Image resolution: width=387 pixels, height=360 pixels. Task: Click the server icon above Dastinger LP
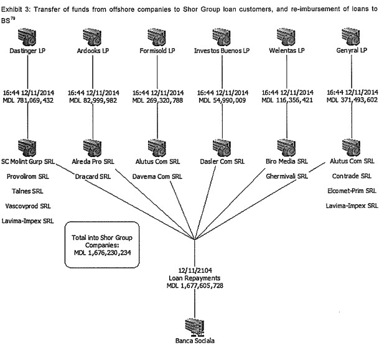(x=27, y=37)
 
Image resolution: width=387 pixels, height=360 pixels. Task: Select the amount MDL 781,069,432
(x=28, y=100)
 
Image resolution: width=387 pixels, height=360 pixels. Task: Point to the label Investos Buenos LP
(x=221, y=50)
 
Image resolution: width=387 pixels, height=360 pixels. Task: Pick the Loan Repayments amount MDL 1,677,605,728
(x=195, y=286)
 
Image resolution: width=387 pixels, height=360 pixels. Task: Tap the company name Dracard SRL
(x=93, y=176)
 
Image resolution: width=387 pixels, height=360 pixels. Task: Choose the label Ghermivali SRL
(x=287, y=176)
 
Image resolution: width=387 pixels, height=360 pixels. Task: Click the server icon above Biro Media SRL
(x=286, y=148)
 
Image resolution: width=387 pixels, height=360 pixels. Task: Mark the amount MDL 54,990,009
(x=222, y=100)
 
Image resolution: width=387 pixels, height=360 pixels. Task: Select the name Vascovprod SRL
(x=28, y=206)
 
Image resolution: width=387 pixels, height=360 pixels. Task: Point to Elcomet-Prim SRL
(x=352, y=191)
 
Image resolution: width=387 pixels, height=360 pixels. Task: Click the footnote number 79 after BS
(x=12, y=18)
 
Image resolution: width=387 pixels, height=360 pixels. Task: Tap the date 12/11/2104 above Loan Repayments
(x=195, y=270)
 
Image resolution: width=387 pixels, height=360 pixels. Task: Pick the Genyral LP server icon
(x=351, y=37)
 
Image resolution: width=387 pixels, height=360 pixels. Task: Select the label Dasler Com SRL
(x=222, y=161)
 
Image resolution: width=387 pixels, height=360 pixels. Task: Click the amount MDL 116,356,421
(x=287, y=100)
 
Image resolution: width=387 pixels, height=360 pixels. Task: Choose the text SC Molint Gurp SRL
(x=28, y=161)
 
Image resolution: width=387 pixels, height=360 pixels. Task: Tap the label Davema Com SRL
(x=157, y=176)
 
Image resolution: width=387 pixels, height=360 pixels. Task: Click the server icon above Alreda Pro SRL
(x=92, y=148)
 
